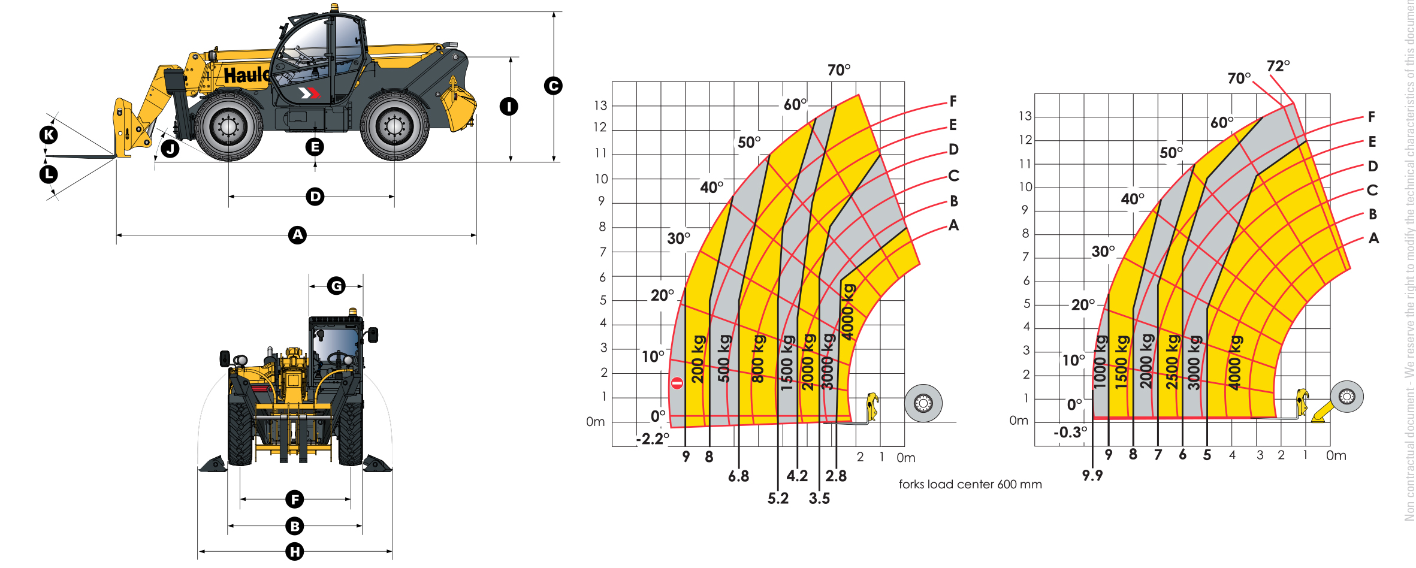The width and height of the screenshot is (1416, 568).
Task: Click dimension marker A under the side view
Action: (297, 235)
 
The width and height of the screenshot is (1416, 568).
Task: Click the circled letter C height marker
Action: (552, 86)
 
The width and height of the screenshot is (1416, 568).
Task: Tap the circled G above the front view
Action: (336, 286)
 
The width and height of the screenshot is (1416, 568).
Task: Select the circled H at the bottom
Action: (294, 551)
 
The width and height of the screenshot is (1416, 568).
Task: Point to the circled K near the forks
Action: (49, 135)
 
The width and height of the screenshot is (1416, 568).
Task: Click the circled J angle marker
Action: (171, 148)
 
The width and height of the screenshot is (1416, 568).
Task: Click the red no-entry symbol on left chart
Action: (677, 383)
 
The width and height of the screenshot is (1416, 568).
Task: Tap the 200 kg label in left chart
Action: (698, 359)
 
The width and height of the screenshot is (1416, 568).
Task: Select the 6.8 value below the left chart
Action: (738, 476)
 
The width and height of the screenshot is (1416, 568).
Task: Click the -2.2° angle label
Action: (652, 439)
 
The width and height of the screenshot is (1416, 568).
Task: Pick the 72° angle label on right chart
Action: (1278, 65)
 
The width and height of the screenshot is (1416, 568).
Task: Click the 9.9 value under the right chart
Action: (1092, 475)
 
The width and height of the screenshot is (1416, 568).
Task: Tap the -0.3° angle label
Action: (1070, 432)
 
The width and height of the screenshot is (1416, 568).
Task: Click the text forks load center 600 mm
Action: (970, 484)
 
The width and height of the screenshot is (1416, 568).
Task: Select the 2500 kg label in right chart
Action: (1172, 362)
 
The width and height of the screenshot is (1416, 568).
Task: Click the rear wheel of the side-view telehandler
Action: (394, 126)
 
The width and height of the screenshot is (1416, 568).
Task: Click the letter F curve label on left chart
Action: (953, 101)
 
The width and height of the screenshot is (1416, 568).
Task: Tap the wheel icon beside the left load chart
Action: (923, 403)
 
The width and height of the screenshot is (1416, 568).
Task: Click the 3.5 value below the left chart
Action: (819, 498)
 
